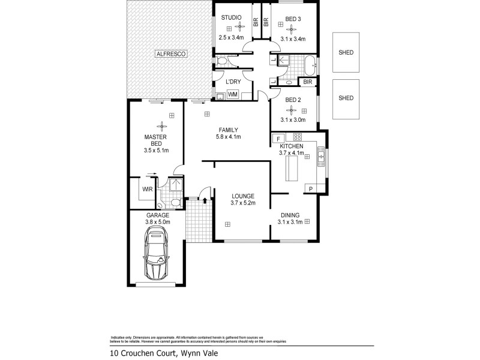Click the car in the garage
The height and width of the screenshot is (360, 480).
pos(157,256)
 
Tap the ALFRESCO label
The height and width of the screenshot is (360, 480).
pos(172,54)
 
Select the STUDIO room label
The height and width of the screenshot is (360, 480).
pos(231,17)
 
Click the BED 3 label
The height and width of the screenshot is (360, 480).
pos(293,19)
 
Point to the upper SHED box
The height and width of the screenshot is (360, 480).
pos(346,52)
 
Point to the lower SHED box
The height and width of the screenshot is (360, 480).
pos(346,98)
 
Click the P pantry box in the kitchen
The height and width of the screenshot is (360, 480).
pos(310,189)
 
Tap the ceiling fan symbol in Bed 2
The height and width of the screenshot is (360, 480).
pos(293,110)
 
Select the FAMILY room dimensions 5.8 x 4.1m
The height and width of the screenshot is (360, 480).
pos(228,137)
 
